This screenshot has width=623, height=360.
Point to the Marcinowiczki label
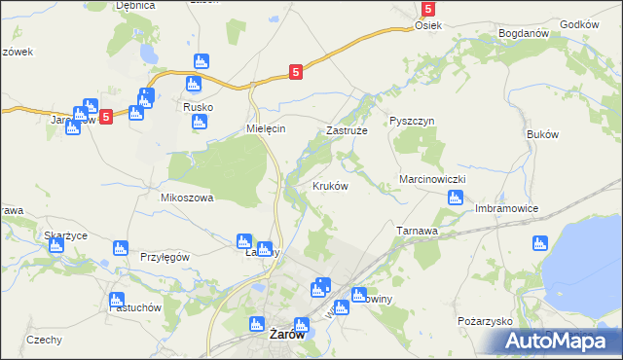(434, 180)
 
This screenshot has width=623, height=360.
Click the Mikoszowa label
(186, 198)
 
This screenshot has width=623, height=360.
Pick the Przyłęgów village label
(165, 257)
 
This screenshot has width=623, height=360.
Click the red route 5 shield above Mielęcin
(296, 71)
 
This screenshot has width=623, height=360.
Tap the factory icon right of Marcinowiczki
(456, 198)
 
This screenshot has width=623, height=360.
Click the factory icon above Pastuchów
(118, 299)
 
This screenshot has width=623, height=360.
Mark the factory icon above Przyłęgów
(121, 248)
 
